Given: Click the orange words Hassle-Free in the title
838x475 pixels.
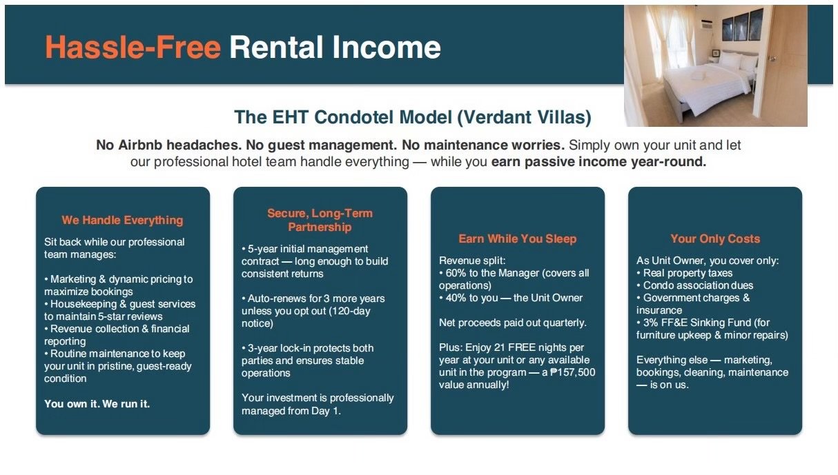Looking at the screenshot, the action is (133, 48).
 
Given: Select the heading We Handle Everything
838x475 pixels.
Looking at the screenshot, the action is (122, 220).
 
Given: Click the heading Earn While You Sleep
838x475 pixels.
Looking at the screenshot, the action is (518, 239).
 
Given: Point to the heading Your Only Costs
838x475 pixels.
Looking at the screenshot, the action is (715, 239).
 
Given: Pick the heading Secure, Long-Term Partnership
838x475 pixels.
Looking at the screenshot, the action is (320, 220).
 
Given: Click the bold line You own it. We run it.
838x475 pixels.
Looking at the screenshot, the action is (97, 404).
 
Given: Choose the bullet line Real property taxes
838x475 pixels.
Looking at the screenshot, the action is (688, 273).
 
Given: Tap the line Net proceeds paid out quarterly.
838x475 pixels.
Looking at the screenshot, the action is (512, 323).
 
